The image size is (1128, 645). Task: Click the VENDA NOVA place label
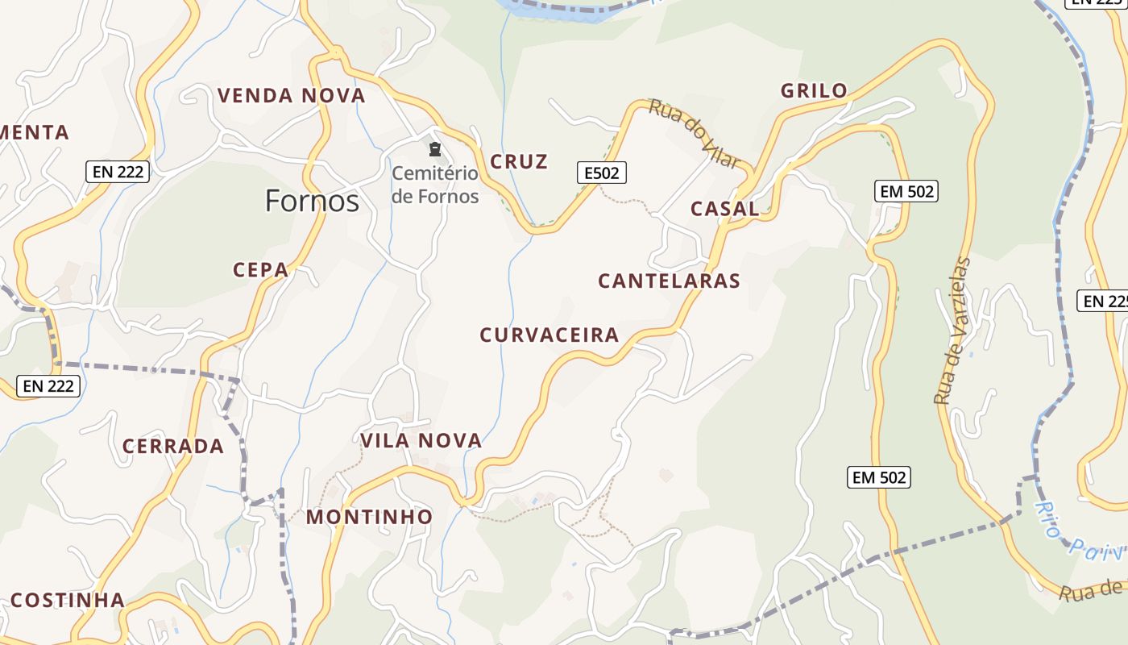[x=291, y=95]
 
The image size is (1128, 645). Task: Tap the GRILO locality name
[x=814, y=90]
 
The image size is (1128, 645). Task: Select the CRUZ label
[x=519, y=161]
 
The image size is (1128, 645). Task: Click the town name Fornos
[x=312, y=200]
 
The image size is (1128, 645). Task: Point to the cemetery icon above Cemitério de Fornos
[x=435, y=149]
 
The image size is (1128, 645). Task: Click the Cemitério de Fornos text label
[x=435, y=185]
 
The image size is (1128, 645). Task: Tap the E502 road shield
[x=601, y=172]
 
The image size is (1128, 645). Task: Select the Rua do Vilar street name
[x=695, y=134]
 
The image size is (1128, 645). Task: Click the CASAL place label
[x=724, y=208]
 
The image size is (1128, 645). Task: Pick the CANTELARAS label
[x=669, y=281]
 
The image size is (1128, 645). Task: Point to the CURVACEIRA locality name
[x=549, y=335]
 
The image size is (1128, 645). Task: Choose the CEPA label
[x=260, y=269]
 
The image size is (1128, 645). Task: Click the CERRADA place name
[x=172, y=446]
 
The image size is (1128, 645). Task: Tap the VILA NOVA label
[x=421, y=440]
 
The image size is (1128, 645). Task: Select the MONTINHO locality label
[x=369, y=517]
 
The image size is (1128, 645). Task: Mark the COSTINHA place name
[x=68, y=600]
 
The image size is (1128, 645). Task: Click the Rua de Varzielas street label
[x=952, y=331]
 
